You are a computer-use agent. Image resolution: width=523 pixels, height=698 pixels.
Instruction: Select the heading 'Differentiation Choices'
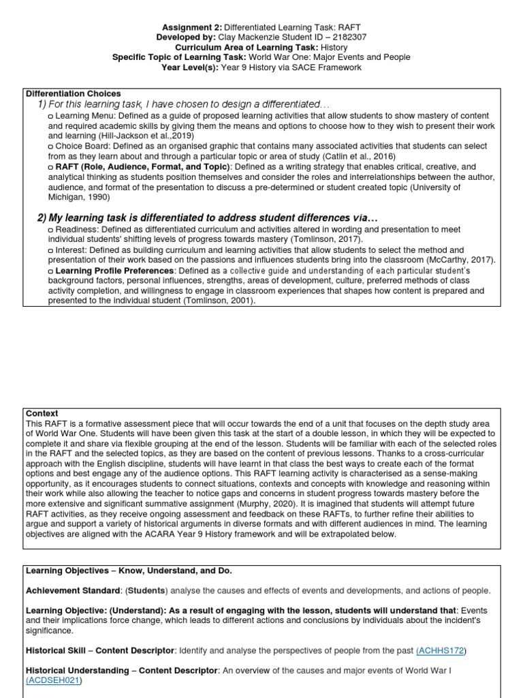[x=74, y=93]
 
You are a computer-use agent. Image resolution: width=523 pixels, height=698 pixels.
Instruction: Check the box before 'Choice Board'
[x=51, y=147]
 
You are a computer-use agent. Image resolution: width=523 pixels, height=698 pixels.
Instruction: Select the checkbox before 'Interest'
[x=51, y=251]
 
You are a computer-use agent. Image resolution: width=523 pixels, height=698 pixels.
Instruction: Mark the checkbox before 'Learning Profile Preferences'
[x=51, y=271]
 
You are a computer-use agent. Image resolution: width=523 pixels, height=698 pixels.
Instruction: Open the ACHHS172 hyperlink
[x=440, y=652]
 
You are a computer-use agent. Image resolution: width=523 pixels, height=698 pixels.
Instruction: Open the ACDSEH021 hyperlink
[x=53, y=681]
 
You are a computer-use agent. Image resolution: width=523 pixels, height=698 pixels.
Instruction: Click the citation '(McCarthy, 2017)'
[x=459, y=260]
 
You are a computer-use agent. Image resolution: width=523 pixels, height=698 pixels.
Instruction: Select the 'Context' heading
[x=42, y=414]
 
